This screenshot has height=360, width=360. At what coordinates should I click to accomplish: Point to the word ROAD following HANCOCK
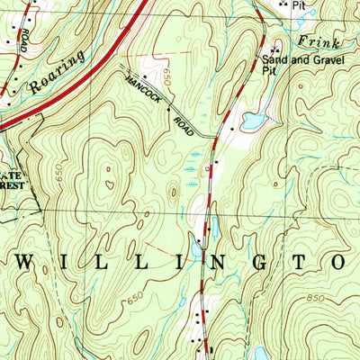pyautogui.click(x=184, y=121)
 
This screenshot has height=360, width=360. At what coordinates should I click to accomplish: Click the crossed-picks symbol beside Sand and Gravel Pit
pyautogui.click(x=274, y=49)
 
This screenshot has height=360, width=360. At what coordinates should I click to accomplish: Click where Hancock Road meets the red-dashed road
pyautogui.click(x=217, y=137)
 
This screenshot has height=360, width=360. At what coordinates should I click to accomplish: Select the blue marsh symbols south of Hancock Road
pyautogui.click(x=192, y=165)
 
